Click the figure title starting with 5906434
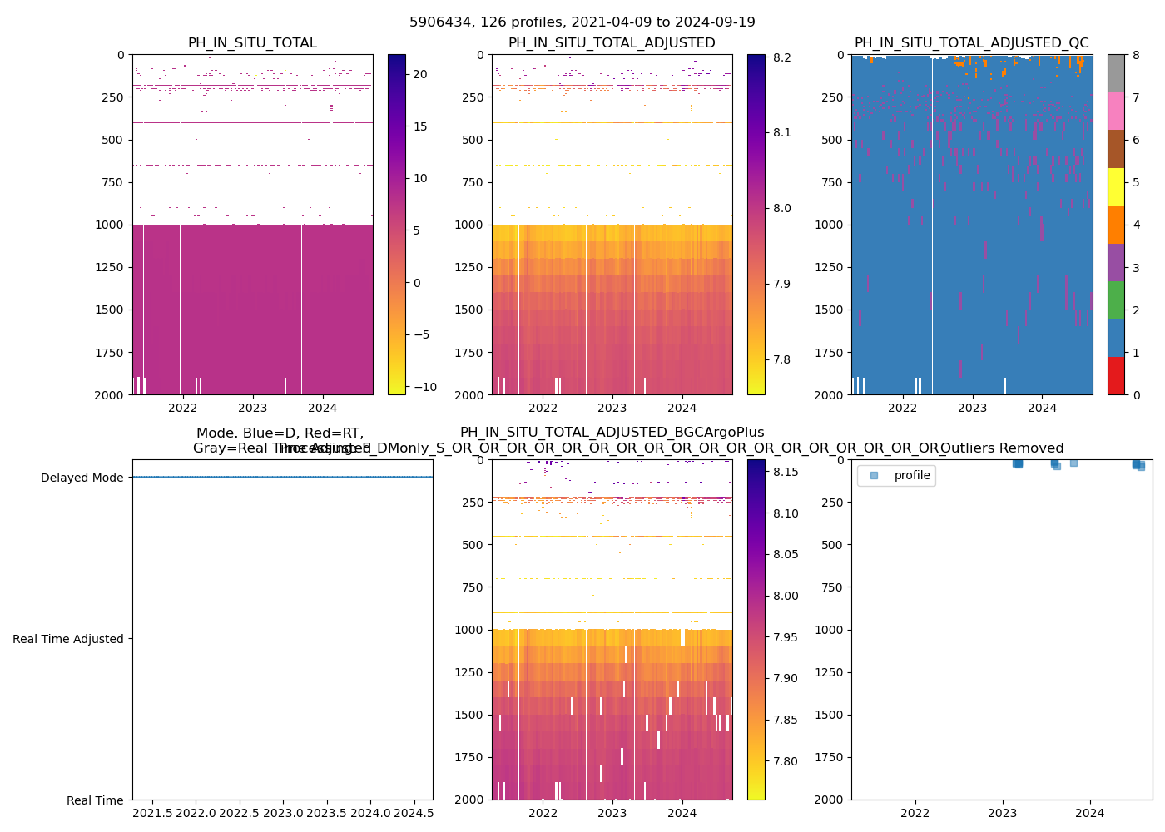(582, 22)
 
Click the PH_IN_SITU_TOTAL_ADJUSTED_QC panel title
(971, 43)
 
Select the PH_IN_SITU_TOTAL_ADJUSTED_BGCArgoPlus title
(612, 433)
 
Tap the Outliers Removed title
(1002, 448)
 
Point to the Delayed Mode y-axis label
(82, 478)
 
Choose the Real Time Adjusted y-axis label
(67, 639)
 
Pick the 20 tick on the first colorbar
(420, 74)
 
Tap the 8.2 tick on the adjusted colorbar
(781, 57)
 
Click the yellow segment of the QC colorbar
(1116, 187)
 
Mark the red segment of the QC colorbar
(1116, 376)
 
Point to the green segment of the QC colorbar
(1116, 300)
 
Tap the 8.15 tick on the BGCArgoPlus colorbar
(784, 473)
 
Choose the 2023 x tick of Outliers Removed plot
(1002, 813)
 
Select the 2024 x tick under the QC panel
(1042, 408)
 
